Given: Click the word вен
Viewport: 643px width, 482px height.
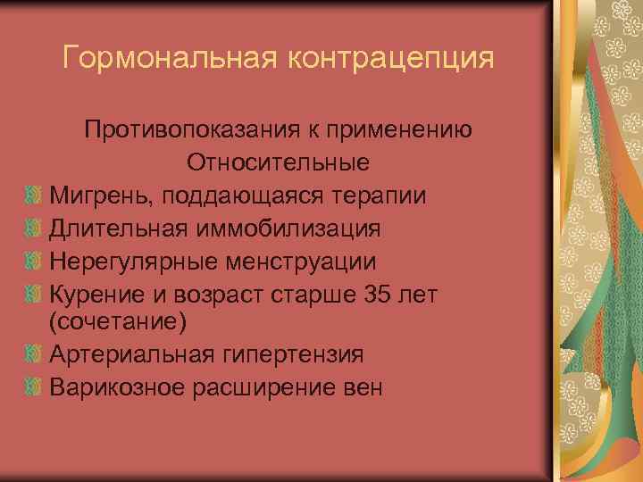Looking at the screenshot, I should coord(359,386).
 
